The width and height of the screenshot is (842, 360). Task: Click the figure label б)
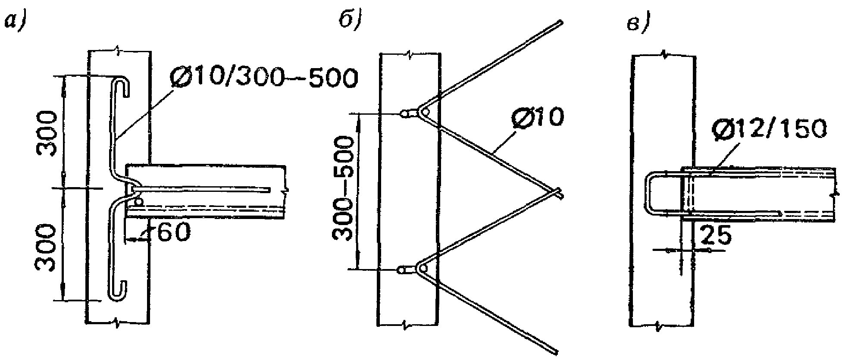[351, 20]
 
